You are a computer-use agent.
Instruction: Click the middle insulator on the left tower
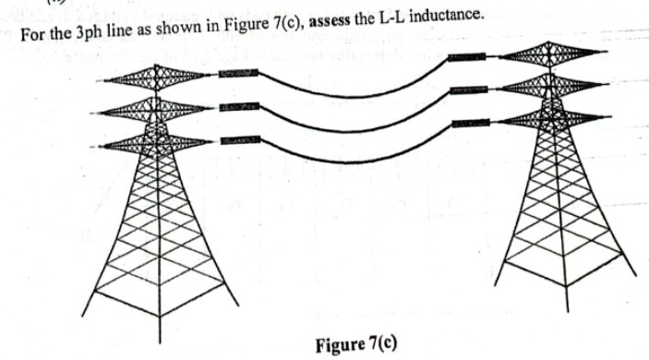tap(233, 109)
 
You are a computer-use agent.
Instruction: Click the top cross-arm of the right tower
tap(551, 54)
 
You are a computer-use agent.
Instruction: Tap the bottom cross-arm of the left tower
tap(157, 141)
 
